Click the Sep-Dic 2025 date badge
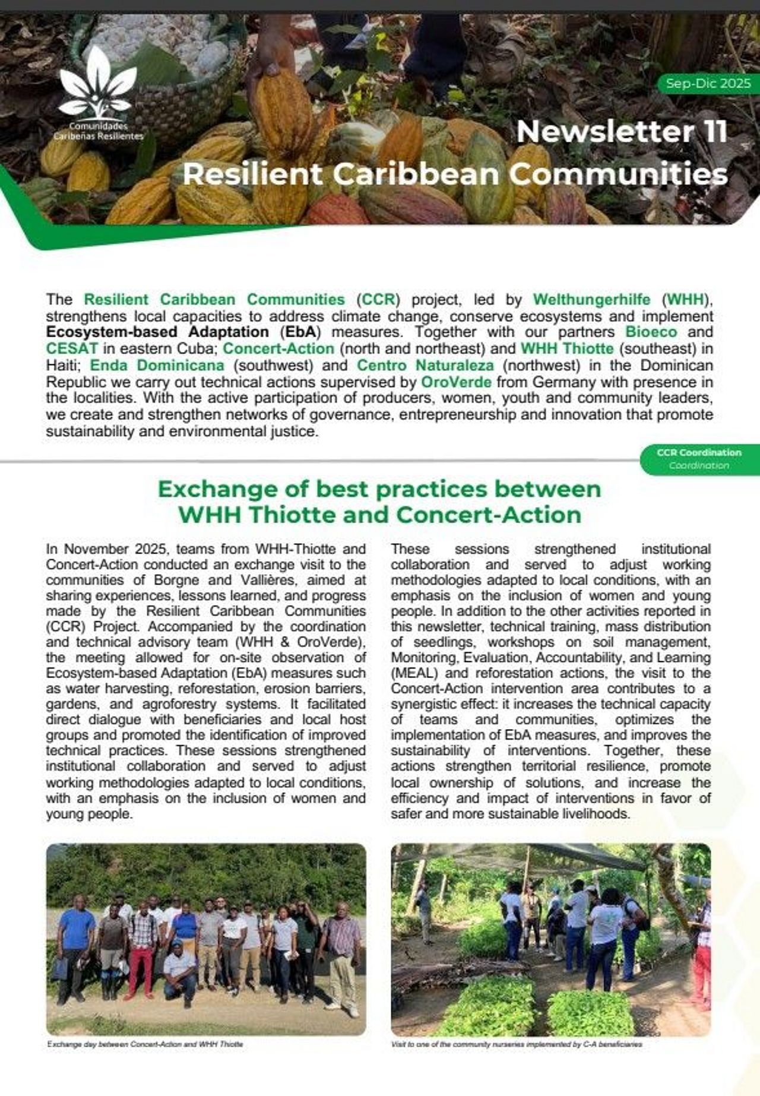click(x=708, y=84)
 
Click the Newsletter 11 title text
click(x=621, y=132)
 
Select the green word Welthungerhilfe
click(x=591, y=299)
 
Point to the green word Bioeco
click(x=651, y=332)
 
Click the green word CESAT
click(x=72, y=349)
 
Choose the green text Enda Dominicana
click(x=157, y=365)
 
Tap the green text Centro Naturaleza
click(x=425, y=365)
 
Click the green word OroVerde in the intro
click(x=456, y=382)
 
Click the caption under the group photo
click(x=145, y=1044)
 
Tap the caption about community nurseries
click(x=517, y=1044)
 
